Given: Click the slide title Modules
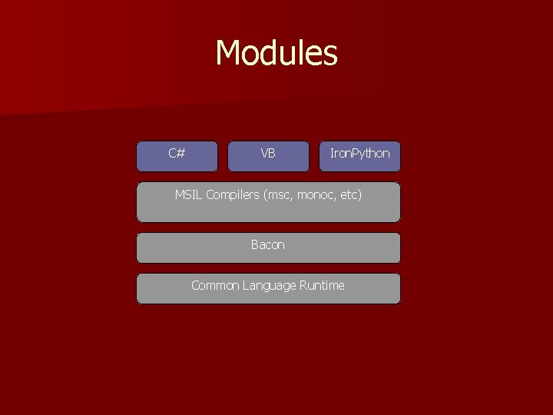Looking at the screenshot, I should click(276, 54).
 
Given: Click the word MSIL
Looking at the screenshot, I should click(188, 195).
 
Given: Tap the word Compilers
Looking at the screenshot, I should click(232, 195).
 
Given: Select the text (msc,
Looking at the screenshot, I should click(278, 195).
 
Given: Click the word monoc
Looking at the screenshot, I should click(315, 195).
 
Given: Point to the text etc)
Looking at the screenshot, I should click(350, 195).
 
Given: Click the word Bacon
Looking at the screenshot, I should click(268, 245).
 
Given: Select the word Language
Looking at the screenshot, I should click(269, 286).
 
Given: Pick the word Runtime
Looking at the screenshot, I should click(323, 286).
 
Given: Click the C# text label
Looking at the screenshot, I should click(177, 154).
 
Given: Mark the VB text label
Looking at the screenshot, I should click(268, 154).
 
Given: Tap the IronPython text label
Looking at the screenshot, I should click(359, 154).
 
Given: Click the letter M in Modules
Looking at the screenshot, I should click(228, 54).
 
